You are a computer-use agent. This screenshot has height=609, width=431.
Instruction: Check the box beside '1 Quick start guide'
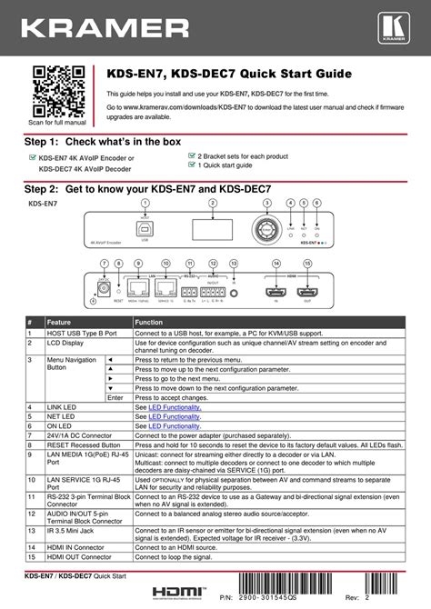click(x=191, y=165)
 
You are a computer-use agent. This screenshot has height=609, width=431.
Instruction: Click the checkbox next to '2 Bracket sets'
click(x=191, y=156)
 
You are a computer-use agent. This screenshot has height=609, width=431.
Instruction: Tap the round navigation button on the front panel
click(x=267, y=227)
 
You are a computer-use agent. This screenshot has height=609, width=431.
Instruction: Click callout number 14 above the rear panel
click(x=277, y=264)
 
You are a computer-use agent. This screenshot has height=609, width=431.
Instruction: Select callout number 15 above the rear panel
click(x=307, y=264)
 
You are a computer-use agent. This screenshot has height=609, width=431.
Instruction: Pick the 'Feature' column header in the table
click(x=60, y=323)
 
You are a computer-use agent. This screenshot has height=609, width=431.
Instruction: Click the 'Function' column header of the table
click(x=149, y=323)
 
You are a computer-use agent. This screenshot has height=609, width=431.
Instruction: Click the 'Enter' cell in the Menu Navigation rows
click(x=115, y=397)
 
